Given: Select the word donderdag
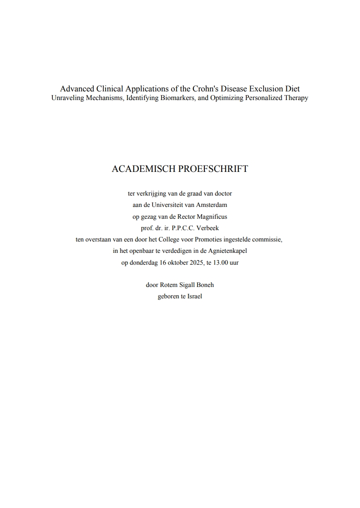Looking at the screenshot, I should (144, 262).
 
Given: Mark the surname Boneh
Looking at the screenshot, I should (205, 285).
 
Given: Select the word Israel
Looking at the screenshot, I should (194, 297).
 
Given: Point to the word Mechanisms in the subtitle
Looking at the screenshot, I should (105, 98).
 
